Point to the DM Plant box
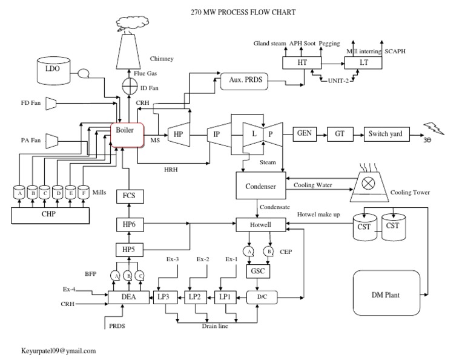tap(386, 295)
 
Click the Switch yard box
tap(386, 133)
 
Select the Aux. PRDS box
tap(243, 80)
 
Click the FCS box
tap(128, 196)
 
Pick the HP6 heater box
tap(128, 225)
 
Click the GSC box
tap(257, 272)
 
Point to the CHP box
tap(51, 213)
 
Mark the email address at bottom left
tap(59, 351)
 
